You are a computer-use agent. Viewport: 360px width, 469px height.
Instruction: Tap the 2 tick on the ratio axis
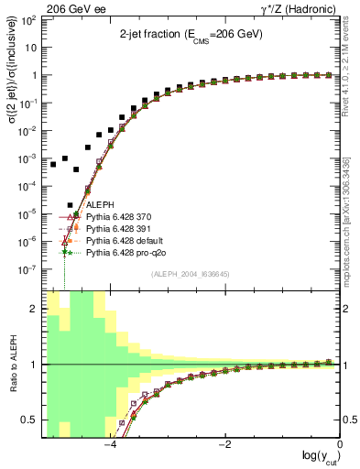(37, 309)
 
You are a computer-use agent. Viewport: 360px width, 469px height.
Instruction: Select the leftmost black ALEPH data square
(53, 165)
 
